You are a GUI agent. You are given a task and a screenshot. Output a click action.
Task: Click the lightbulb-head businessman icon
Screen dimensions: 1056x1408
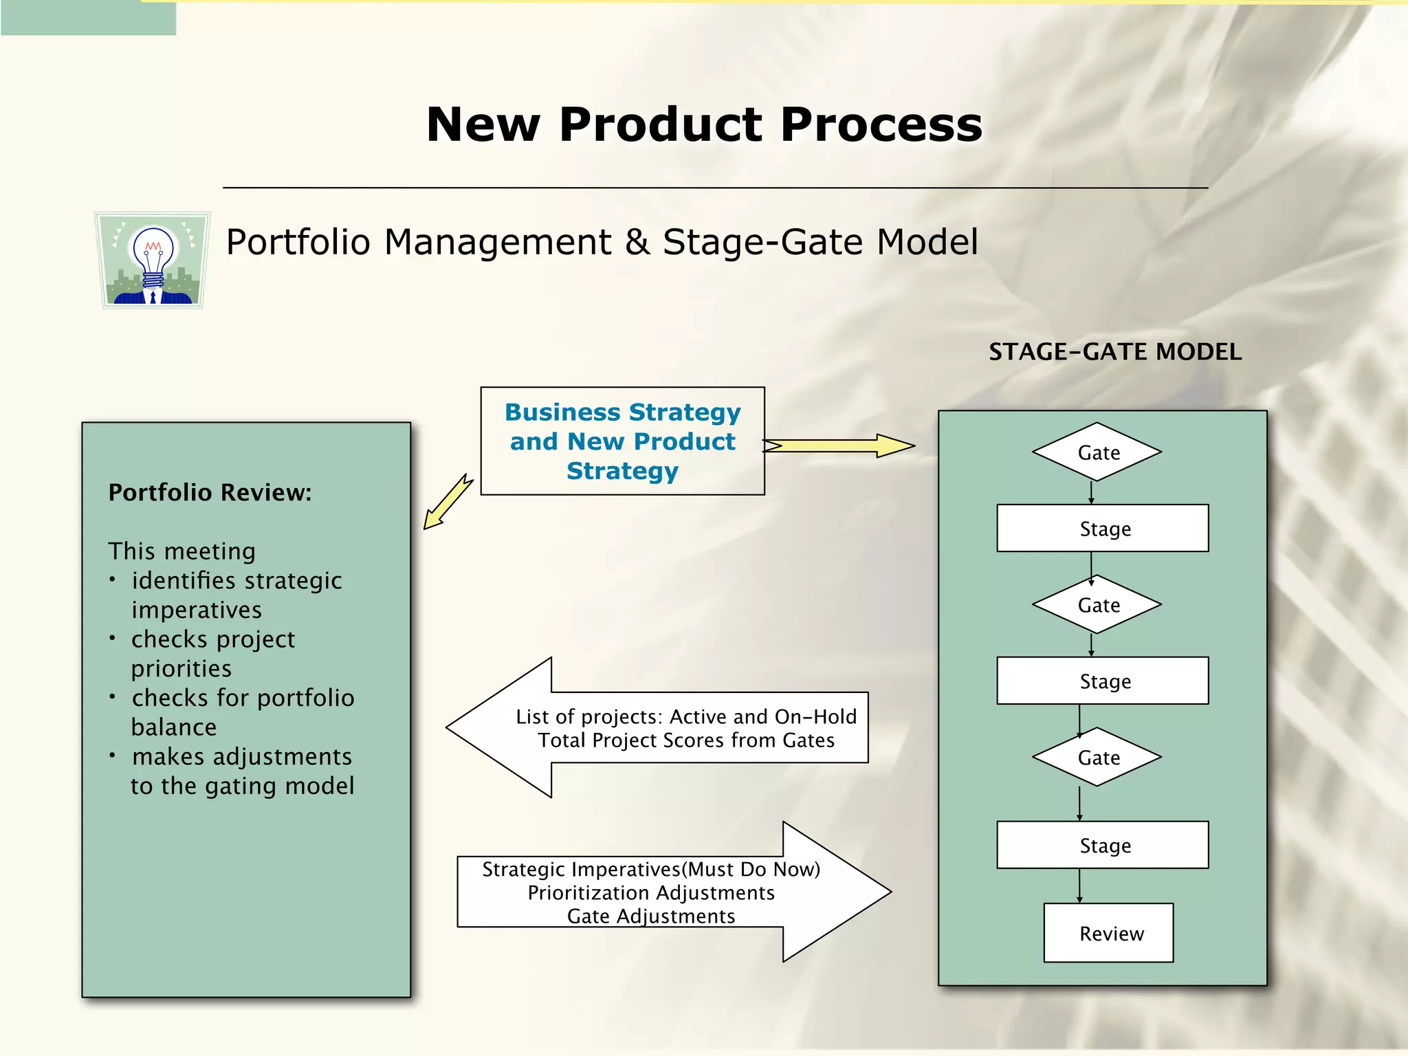tap(152, 260)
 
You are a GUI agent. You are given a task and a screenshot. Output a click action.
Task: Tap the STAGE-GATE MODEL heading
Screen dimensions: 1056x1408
tap(1114, 352)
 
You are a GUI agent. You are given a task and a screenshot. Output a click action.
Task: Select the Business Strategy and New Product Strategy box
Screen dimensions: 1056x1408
tap(622, 441)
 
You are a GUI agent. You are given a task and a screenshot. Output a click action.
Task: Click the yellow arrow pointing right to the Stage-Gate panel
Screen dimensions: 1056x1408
tap(839, 445)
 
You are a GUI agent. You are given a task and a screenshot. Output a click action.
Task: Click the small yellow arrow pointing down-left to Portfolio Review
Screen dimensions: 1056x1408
tap(448, 501)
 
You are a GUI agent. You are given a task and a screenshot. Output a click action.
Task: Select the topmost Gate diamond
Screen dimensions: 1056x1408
tap(1097, 452)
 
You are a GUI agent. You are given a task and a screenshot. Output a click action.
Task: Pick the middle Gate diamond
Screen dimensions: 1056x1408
tap(1097, 605)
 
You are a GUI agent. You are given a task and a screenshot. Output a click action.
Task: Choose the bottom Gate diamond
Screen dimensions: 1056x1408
tap(1097, 757)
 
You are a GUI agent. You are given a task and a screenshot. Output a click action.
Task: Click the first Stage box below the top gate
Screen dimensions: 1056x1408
tap(1103, 529)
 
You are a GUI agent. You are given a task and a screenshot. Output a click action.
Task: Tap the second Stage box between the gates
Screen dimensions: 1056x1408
tap(1103, 681)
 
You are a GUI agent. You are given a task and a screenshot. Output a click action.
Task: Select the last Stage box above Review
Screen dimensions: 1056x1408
tap(1103, 845)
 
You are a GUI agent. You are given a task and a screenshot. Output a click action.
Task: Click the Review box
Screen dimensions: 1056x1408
tap(1109, 933)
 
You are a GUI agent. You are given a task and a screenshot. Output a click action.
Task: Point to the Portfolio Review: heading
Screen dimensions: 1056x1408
tap(210, 492)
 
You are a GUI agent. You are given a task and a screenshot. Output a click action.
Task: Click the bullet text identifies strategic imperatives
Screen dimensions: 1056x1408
tap(236, 595)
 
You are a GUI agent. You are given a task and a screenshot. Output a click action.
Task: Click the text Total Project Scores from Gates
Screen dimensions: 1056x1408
tap(685, 740)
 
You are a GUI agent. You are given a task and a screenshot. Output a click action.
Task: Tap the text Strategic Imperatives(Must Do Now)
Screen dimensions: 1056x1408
tap(650, 869)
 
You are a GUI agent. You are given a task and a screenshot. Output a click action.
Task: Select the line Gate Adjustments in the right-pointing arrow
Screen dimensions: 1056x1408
tap(650, 916)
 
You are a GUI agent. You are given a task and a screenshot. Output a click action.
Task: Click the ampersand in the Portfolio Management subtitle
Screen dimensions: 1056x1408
tap(637, 242)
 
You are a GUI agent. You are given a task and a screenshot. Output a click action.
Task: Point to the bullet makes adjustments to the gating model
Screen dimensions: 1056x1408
tap(241, 771)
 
